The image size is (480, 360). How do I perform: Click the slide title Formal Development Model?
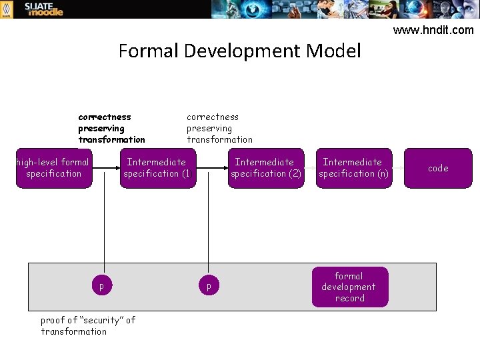(239, 51)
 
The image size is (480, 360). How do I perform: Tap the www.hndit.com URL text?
(433, 30)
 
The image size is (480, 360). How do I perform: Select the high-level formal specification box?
(53, 168)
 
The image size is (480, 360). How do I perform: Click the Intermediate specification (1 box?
(157, 168)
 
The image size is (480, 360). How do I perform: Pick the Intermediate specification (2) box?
(265, 168)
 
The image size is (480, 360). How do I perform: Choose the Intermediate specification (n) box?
(353, 168)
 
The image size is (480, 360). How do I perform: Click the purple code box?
(438, 168)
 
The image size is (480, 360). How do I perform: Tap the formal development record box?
(349, 287)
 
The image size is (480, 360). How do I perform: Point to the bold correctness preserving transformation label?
(111, 128)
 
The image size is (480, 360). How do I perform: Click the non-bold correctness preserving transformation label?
(219, 128)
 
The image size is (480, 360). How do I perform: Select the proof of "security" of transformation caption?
(87, 325)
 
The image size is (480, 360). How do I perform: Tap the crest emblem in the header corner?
(7, 9)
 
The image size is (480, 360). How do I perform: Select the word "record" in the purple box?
(349, 299)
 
